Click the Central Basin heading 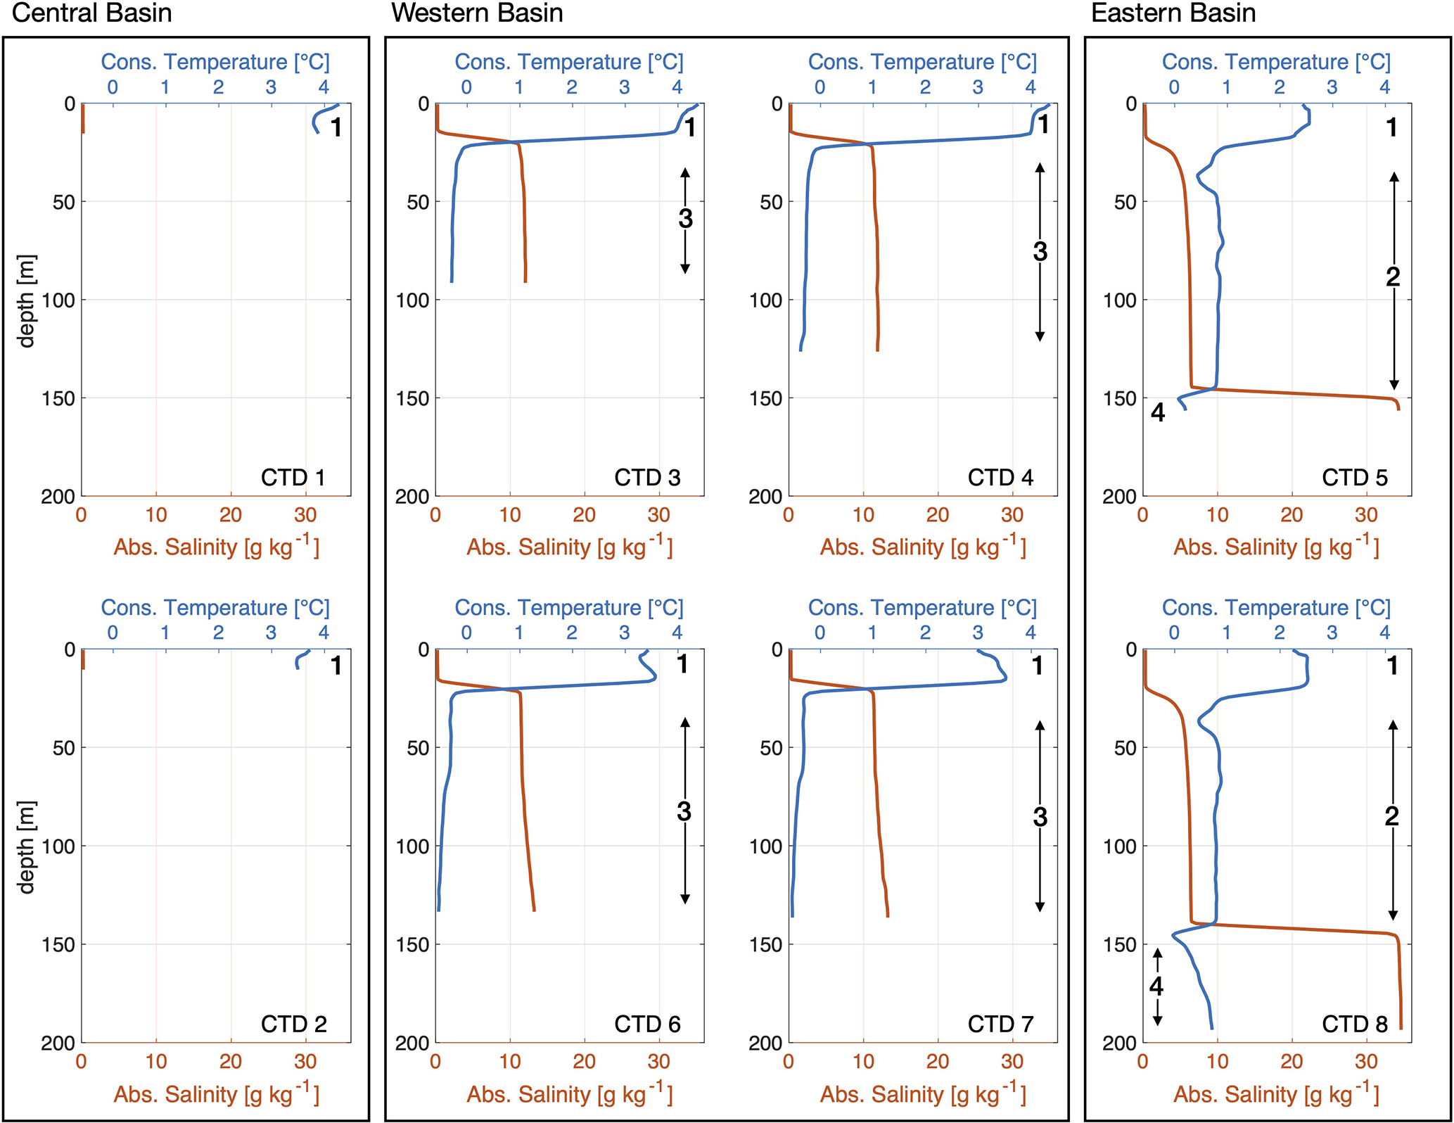point(91,13)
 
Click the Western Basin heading point(477,13)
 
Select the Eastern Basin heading point(1173,13)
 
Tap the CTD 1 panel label point(293,478)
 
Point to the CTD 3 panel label point(647,478)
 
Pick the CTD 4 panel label point(1000,478)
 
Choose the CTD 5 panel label point(1355,478)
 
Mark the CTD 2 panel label point(294,1024)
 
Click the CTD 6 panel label point(647,1024)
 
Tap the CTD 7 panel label point(1000,1024)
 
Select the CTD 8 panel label point(1355,1024)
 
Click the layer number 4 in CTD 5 point(1158,412)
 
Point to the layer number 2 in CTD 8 point(1391,816)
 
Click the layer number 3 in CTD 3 point(685,219)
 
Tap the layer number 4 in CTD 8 point(1156,986)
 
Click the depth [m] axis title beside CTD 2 point(26,846)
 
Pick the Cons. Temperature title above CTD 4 point(922,62)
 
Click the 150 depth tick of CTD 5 point(1120,398)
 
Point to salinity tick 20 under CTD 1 point(231,515)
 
